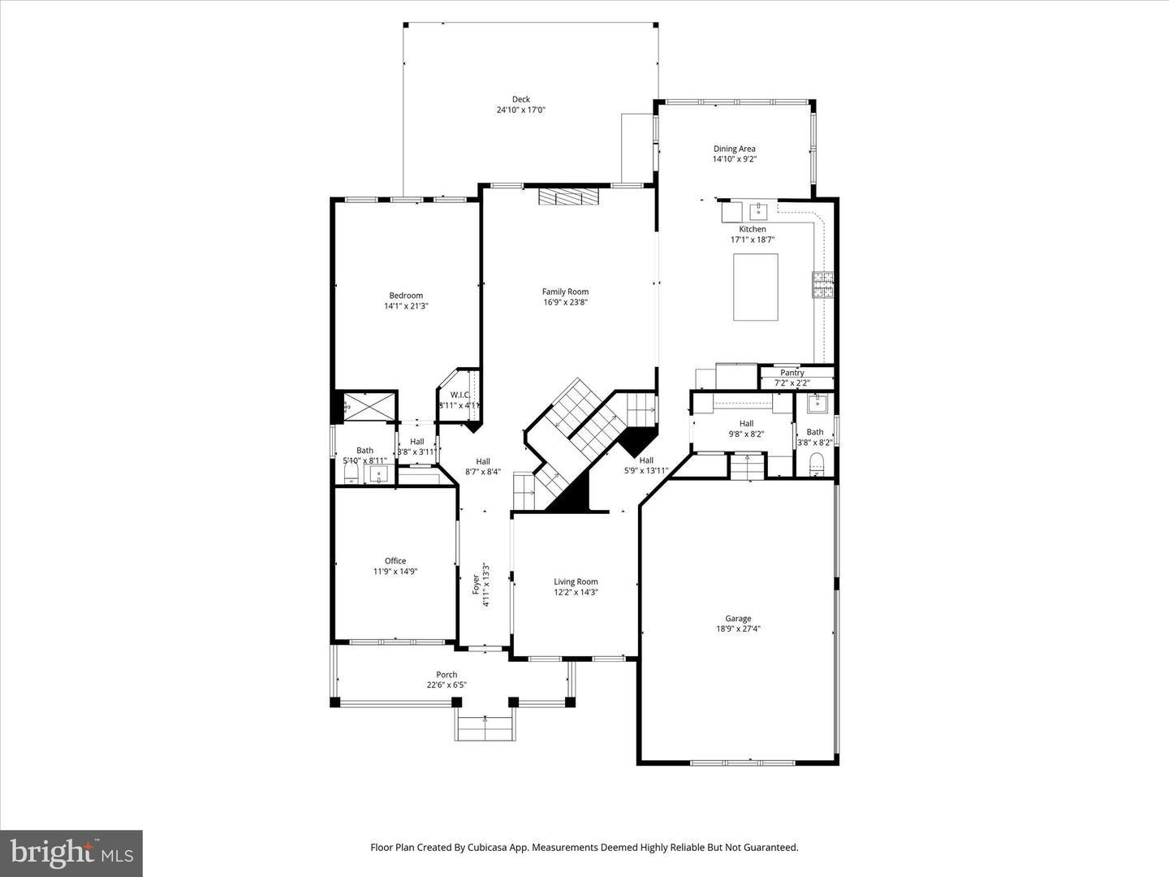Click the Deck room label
(x=520, y=100)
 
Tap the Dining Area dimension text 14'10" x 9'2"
(x=734, y=160)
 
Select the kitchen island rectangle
(x=756, y=287)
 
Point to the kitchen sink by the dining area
(x=758, y=212)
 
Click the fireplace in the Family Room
(x=568, y=197)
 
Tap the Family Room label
(x=565, y=292)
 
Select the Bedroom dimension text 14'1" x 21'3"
(x=406, y=306)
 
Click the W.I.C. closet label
(x=459, y=395)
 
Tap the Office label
(x=395, y=561)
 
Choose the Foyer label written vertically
(x=476, y=584)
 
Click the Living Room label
(x=576, y=581)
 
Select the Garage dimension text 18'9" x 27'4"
(x=738, y=629)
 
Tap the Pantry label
(x=792, y=373)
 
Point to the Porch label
(x=446, y=675)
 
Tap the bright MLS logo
(x=71, y=853)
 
